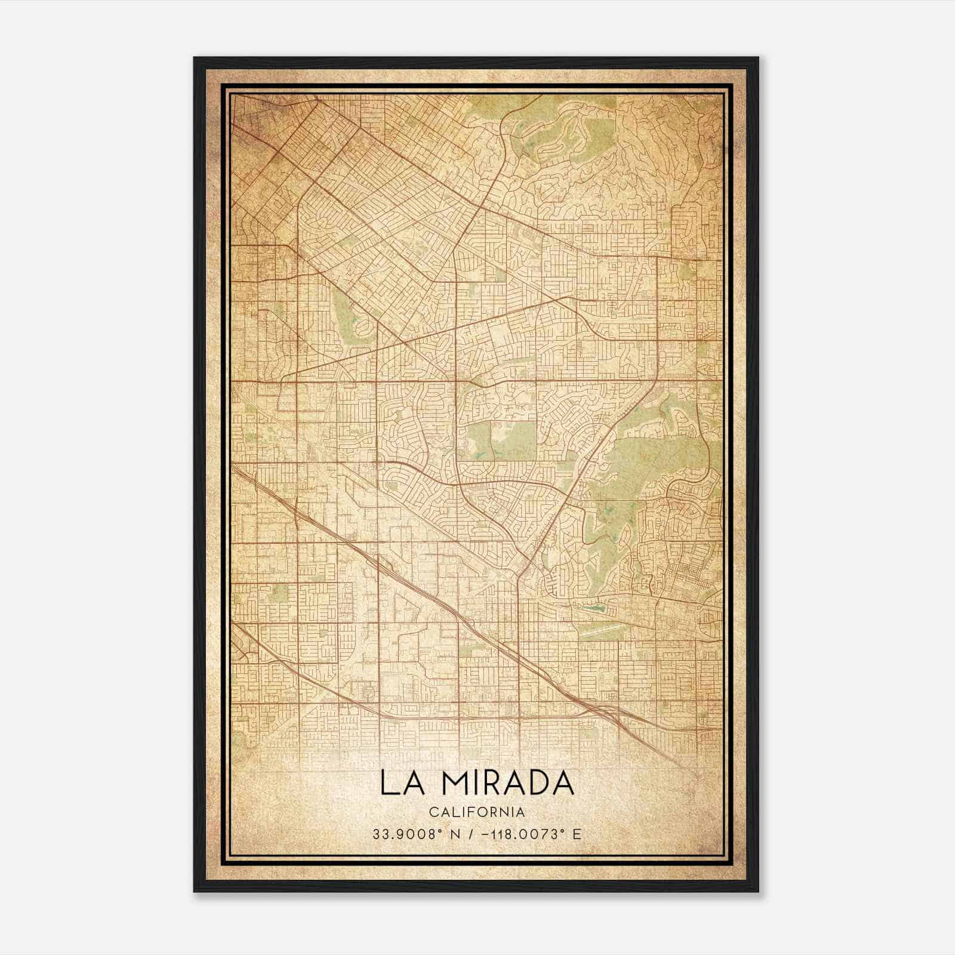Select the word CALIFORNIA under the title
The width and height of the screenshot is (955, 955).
coord(476,812)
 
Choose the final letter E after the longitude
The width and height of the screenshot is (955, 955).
coord(576,834)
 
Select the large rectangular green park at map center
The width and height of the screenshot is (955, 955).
coord(512,440)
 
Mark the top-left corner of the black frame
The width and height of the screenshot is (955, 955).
coord(195,58)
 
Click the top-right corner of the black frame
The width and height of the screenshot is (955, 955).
coord(757,58)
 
